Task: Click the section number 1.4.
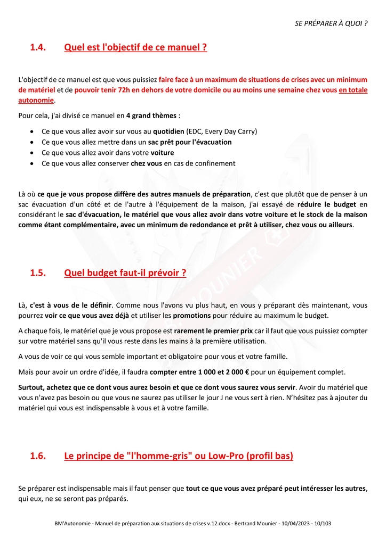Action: pyautogui.click(x=37, y=47)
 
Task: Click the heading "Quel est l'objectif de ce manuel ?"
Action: pyautogui.click(x=135, y=47)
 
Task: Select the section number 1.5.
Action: pyautogui.click(x=37, y=273)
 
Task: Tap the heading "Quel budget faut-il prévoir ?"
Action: pyautogui.click(x=125, y=273)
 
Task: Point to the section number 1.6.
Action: pyautogui.click(x=37, y=456)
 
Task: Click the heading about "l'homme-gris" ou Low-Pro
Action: pyautogui.click(x=179, y=456)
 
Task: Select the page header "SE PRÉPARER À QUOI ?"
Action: pyautogui.click(x=331, y=24)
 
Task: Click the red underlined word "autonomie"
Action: pyautogui.click(x=36, y=100)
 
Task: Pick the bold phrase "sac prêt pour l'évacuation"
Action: pyautogui.click(x=190, y=142)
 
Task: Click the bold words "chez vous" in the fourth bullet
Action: pyautogui.click(x=146, y=163)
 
